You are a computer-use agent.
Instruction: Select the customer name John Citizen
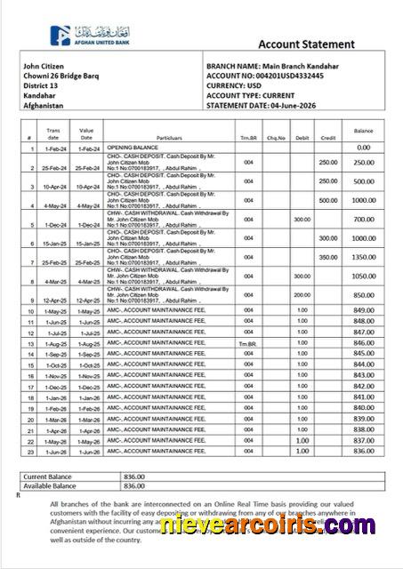point(44,68)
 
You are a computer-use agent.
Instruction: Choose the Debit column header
point(302,138)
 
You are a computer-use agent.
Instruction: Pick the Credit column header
point(327,138)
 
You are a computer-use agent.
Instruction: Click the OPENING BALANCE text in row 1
point(132,148)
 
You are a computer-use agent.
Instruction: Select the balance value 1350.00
point(362,256)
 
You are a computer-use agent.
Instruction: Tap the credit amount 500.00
point(328,200)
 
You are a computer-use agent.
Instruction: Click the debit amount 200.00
point(302,294)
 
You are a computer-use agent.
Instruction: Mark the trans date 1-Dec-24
point(53,219)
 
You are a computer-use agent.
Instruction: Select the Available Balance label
point(50,485)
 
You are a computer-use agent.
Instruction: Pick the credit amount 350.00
point(328,256)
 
